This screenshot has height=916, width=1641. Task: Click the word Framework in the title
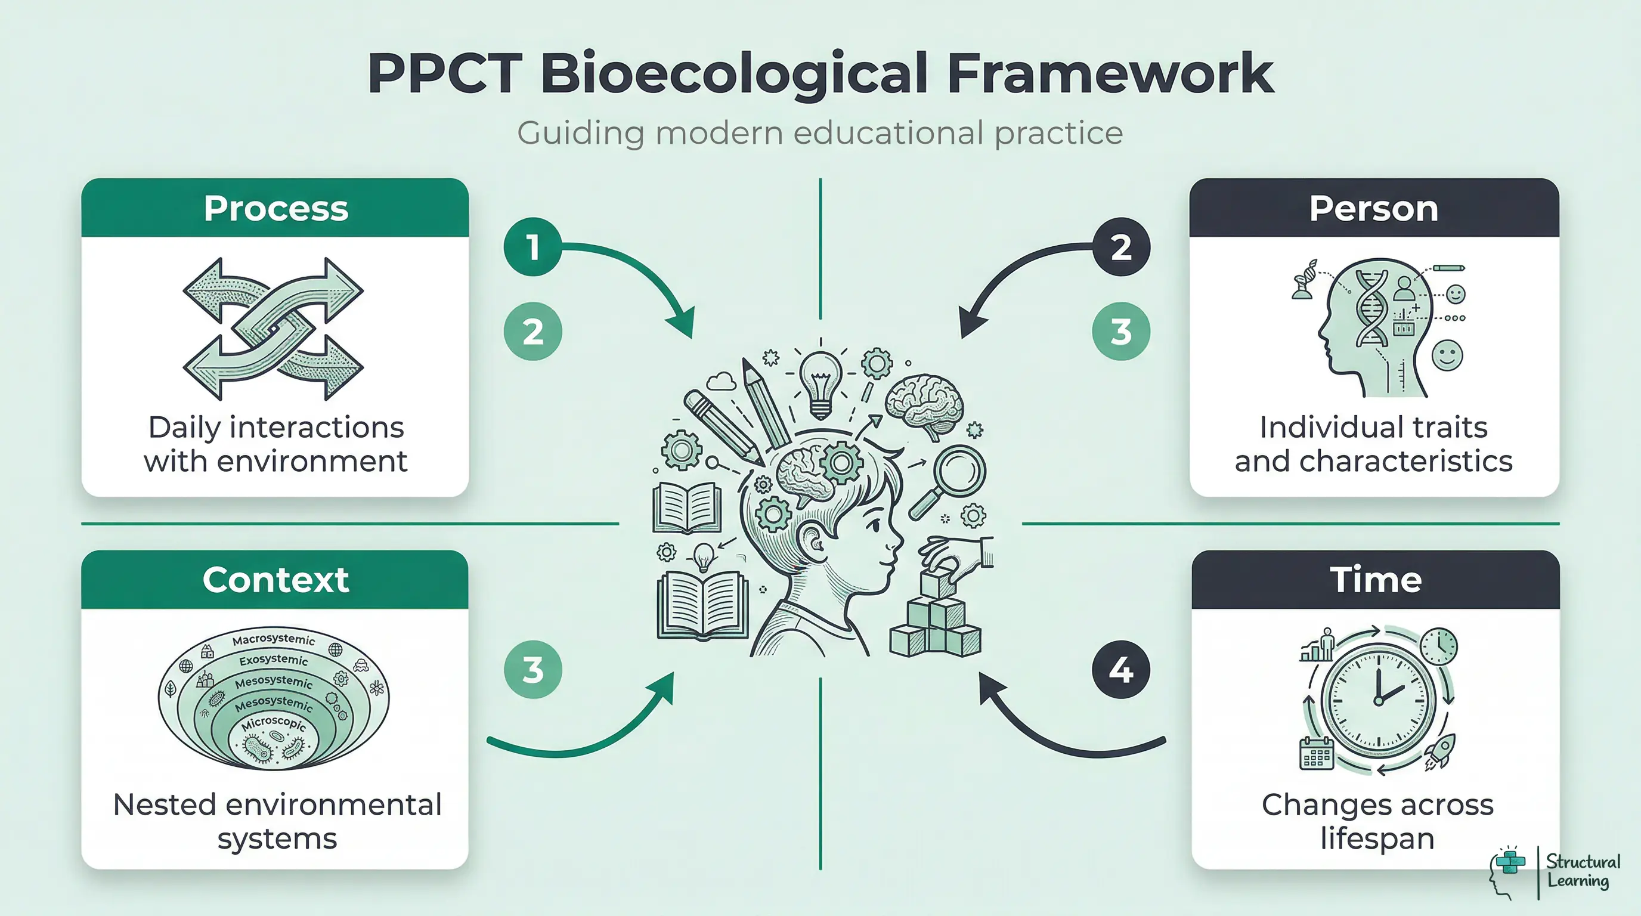coord(1110,74)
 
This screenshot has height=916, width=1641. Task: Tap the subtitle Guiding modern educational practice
coord(820,133)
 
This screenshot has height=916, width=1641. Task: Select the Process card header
coord(275,208)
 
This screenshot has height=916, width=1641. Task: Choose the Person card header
coord(1373,208)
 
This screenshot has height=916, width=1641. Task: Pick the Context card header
coord(275,580)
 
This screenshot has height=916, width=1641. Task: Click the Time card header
coord(1376,580)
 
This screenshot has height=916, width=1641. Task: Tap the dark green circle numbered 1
coord(532,246)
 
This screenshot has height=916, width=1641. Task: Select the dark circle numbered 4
coord(1120,670)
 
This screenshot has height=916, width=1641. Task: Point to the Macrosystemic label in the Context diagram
coord(273,639)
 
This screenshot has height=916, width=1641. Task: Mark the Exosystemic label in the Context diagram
coord(273,660)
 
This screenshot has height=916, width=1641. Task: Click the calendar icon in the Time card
coord(1316,753)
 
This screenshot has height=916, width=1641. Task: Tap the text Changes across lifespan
coord(1377,821)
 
